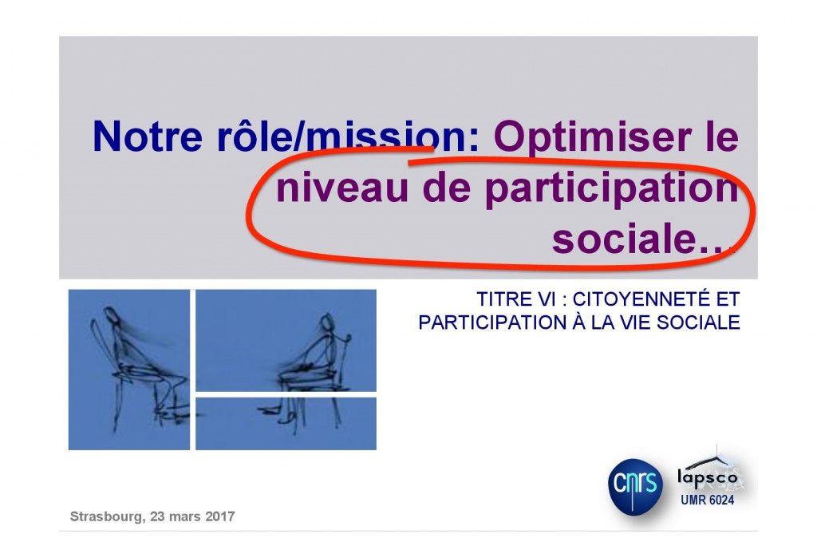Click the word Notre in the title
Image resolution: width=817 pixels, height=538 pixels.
coord(148,136)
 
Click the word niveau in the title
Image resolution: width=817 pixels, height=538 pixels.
coord(342,188)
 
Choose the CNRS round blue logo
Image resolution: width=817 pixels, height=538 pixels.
coord(635,487)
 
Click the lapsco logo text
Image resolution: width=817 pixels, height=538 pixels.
coord(708,477)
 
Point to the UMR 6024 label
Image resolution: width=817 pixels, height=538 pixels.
coord(707,500)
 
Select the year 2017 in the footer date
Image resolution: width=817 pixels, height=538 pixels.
coord(220,516)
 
